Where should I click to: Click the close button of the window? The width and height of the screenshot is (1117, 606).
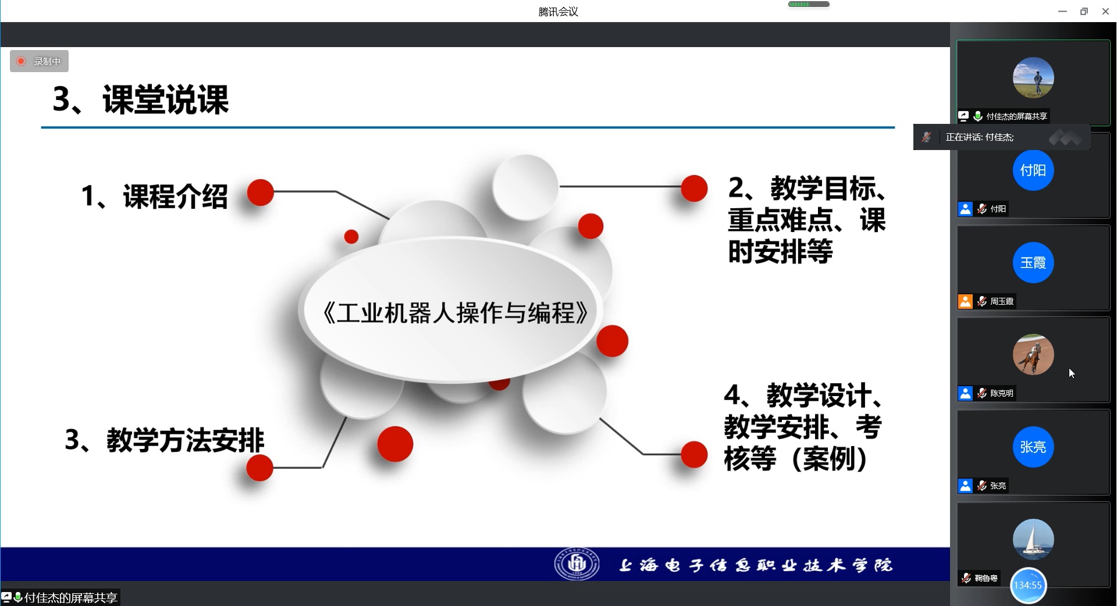coord(1105,11)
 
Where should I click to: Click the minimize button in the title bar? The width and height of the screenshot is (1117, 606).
coord(1062,11)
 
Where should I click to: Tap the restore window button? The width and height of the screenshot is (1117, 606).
coord(1084,11)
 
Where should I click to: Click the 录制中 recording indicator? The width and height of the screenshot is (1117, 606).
coord(39,61)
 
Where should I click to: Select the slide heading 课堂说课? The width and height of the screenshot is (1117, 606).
coord(166,99)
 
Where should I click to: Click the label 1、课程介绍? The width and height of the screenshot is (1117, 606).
coord(155,196)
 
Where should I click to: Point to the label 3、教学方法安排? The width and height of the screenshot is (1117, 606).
coord(165,440)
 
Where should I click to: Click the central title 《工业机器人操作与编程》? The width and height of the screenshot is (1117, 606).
coord(455,313)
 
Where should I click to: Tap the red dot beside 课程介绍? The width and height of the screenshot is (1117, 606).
coord(260,192)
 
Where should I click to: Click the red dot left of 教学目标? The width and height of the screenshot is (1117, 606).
coord(694,188)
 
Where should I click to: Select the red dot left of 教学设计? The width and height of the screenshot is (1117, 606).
coord(694,454)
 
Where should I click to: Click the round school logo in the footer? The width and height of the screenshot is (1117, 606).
coord(577,564)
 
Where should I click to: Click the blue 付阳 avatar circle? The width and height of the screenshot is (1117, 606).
coord(1033,170)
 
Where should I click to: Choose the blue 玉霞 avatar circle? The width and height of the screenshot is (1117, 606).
coord(1033,262)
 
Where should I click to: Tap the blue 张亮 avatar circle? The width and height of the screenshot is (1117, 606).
coord(1033,447)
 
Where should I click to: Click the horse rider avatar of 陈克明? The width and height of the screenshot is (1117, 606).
coord(1033,354)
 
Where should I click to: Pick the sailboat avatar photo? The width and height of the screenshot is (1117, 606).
coord(1033,539)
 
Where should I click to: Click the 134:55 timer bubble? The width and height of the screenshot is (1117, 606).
coord(1028,585)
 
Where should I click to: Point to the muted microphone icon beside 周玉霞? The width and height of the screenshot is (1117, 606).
coord(982,301)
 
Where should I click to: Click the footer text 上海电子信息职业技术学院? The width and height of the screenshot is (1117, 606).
coord(755,565)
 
